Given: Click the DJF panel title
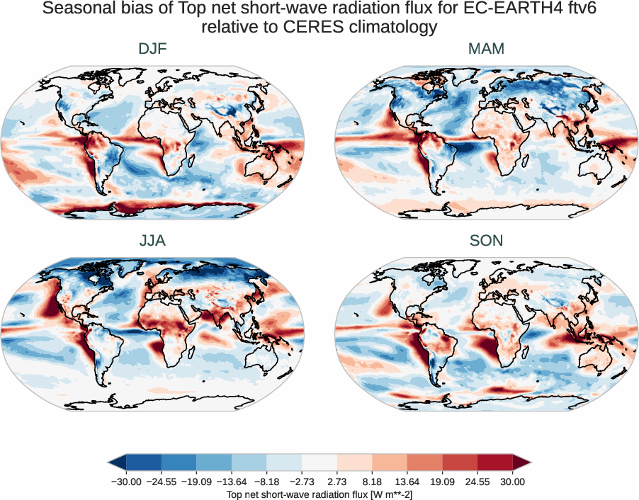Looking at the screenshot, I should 152,49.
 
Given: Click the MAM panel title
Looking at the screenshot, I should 486,49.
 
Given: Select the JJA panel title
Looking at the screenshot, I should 152,241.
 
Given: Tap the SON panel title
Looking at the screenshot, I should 486,241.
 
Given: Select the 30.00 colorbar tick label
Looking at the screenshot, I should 512,482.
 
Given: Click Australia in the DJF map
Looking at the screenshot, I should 264,168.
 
